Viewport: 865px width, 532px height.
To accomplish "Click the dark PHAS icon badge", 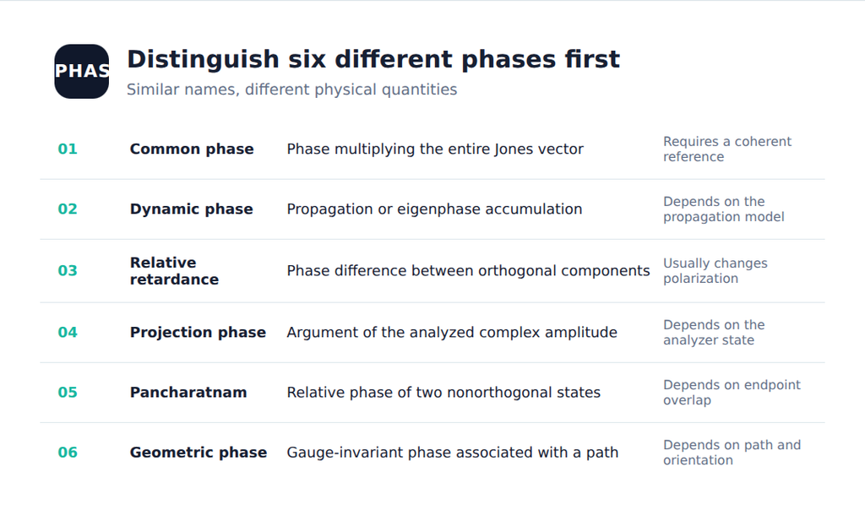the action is [x=82, y=72].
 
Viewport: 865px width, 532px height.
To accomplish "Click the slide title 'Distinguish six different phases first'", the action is [x=373, y=59].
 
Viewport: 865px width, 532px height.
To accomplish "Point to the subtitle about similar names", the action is [x=291, y=90].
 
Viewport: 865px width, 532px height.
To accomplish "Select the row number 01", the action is [x=68, y=149].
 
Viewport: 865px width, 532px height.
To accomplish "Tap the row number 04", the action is [x=68, y=333].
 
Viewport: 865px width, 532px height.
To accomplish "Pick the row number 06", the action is [x=68, y=453].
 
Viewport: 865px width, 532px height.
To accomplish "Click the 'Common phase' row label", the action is [x=192, y=149].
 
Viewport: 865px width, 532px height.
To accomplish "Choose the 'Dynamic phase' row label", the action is [x=192, y=209].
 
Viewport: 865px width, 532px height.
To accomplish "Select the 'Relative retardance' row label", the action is [x=174, y=271].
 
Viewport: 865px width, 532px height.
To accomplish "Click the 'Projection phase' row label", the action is [x=198, y=333].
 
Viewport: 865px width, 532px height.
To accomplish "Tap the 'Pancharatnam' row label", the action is [x=188, y=393].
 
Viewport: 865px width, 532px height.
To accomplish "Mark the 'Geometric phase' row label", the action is [x=198, y=453].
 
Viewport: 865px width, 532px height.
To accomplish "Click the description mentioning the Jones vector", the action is [x=435, y=149].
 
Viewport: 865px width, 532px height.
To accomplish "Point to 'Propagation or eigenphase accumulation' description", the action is [x=434, y=209].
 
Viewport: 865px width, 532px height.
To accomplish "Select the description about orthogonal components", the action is [x=468, y=271].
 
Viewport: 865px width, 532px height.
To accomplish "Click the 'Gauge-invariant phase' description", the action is [x=453, y=453].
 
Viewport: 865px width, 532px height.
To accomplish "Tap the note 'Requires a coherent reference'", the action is [x=727, y=149].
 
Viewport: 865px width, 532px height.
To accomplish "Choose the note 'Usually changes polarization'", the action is [x=715, y=271].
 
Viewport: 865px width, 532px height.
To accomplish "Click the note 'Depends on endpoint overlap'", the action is [x=732, y=393].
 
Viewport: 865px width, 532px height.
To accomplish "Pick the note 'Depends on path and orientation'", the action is [x=732, y=453].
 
